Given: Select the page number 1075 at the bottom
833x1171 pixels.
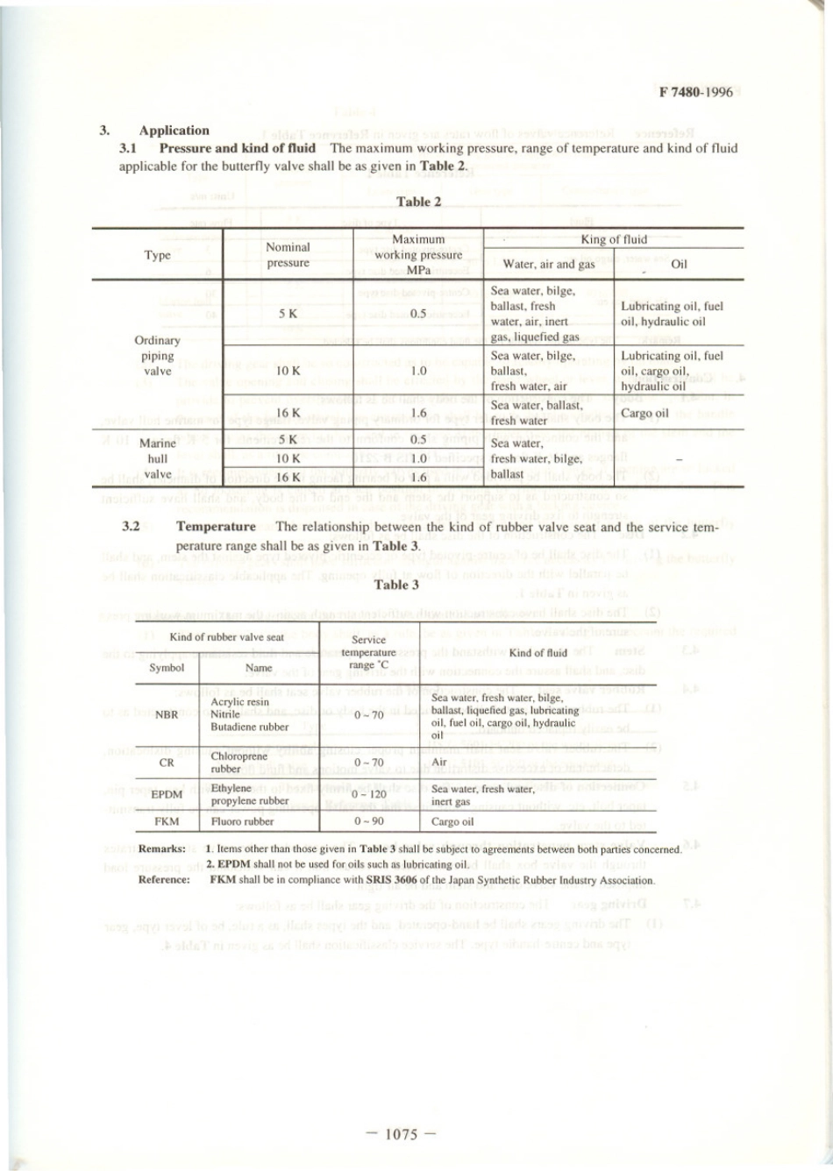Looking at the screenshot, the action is (x=401, y=1134).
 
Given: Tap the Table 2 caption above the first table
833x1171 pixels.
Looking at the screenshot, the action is (x=418, y=202).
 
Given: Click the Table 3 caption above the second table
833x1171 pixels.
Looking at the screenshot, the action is (x=396, y=585).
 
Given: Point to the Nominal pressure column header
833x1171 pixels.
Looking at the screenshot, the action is (x=288, y=255).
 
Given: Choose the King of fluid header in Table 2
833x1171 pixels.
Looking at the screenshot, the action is (x=614, y=239).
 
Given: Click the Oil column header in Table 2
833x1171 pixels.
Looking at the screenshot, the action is (x=679, y=264).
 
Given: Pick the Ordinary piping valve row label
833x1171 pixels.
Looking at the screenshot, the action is (x=157, y=355).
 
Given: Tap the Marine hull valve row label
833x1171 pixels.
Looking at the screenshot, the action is (x=157, y=458).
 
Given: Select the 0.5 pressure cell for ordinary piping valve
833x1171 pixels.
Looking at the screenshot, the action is (x=418, y=314).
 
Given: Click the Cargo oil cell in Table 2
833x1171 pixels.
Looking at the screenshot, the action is (x=644, y=413).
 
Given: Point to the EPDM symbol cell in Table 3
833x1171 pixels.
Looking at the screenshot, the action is (x=167, y=794).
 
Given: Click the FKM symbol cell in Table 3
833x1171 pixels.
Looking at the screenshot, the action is (x=167, y=821).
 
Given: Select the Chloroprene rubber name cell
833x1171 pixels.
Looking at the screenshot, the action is (x=239, y=763).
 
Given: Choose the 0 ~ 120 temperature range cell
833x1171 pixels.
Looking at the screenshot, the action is (x=369, y=794).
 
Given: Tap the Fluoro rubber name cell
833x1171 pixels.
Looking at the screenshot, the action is (x=242, y=821).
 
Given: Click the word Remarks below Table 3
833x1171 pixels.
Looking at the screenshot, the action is (x=161, y=848).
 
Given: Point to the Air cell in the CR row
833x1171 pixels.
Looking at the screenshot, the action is (x=439, y=763).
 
